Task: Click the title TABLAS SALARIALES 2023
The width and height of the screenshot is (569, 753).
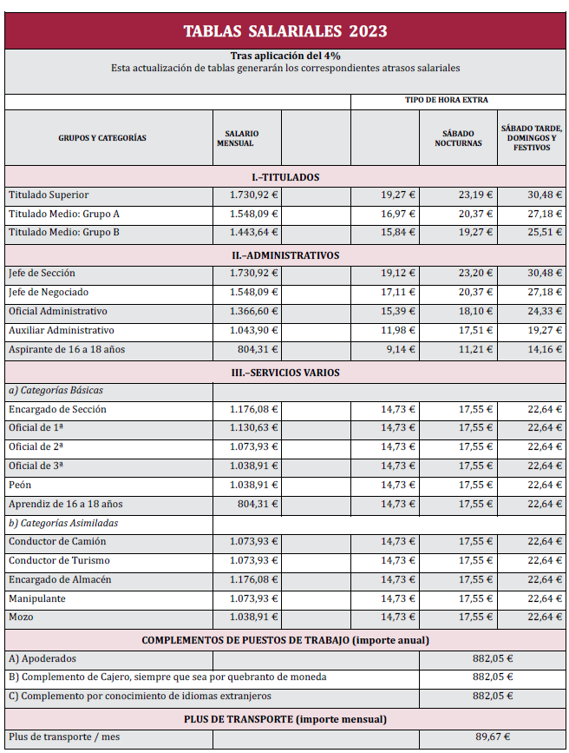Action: pos(284,31)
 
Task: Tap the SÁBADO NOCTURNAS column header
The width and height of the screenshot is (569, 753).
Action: pos(458,138)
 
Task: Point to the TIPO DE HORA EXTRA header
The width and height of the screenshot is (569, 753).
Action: pos(446,101)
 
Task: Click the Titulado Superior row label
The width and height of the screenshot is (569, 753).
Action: pos(49,195)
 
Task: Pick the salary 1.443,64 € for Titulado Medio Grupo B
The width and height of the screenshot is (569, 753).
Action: pos(253,233)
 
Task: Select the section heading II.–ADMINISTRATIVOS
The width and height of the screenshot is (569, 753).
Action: pos(284,255)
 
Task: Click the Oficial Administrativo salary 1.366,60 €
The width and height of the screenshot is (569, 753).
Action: pos(253,311)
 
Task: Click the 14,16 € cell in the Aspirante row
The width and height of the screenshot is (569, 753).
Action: pos(545,349)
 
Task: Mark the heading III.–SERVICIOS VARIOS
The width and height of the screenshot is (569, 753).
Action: pos(284,373)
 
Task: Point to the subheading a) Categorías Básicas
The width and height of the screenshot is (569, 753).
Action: pos(55,390)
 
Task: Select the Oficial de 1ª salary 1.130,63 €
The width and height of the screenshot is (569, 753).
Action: pos(253,427)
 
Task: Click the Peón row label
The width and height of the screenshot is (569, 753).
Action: pos(20,485)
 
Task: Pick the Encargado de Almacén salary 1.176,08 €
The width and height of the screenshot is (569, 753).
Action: pos(253,580)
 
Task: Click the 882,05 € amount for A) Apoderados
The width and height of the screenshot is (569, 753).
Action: pos(492,658)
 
